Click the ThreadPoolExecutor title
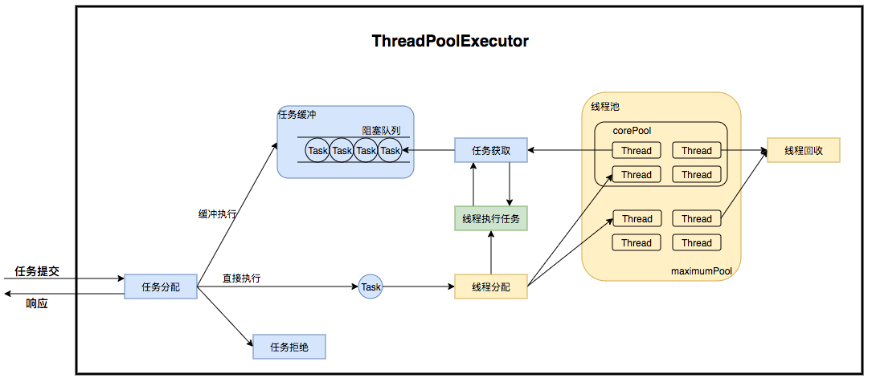(450, 42)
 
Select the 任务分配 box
(161, 286)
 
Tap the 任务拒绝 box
(289, 347)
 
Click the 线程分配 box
(491, 286)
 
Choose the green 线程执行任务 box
(491, 218)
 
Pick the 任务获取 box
(491, 150)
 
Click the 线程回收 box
(803, 150)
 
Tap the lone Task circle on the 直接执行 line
(370, 286)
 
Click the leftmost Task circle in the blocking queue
(318, 150)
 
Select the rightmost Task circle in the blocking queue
(390, 150)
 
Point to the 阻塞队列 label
(381, 129)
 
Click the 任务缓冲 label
(297, 115)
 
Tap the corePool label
(632, 130)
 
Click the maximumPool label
(702, 272)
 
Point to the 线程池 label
(605, 107)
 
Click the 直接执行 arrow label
(241, 278)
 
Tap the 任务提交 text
(37, 271)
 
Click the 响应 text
(37, 303)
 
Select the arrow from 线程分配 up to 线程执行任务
(491, 253)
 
